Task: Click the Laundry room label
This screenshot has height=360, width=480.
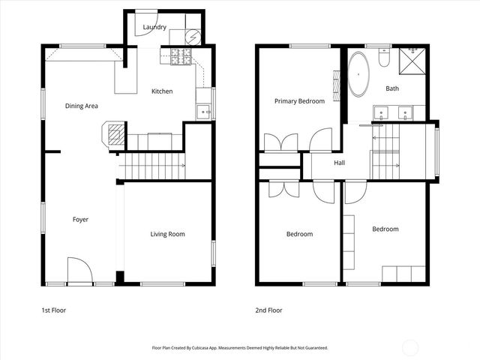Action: tap(144, 28)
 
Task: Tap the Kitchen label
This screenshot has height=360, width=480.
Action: tap(162, 91)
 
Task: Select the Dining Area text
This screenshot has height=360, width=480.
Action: tap(81, 106)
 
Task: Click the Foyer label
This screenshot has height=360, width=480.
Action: tap(80, 220)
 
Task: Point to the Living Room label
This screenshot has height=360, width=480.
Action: tap(167, 234)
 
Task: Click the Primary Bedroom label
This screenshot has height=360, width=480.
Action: tap(299, 100)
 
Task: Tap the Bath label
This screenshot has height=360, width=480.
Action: tap(392, 88)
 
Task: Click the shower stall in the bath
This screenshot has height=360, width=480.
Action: tap(412, 62)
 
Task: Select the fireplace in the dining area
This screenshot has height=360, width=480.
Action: tap(112, 135)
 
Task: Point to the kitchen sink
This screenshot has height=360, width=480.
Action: tap(202, 112)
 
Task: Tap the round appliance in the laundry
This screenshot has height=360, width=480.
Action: tap(191, 35)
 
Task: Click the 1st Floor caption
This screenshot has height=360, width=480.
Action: tap(54, 310)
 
